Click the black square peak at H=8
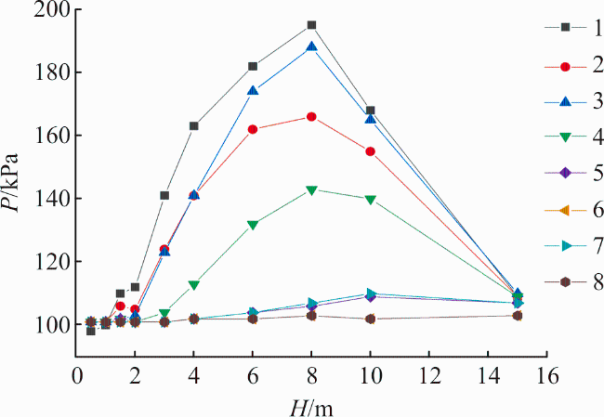(x=311, y=25)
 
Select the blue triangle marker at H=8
(x=311, y=46)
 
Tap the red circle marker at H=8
(x=311, y=117)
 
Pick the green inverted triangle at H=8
(x=311, y=190)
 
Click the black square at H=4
(x=194, y=126)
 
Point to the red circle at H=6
(x=253, y=129)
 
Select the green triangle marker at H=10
(x=371, y=200)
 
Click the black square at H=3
(x=164, y=196)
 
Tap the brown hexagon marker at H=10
(x=371, y=319)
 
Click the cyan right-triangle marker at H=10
(x=371, y=293)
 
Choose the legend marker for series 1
(x=565, y=27)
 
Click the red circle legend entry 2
(x=565, y=67)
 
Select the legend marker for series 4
(x=565, y=137)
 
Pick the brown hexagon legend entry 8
(x=565, y=282)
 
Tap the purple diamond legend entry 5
(x=565, y=173)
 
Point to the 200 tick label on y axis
(x=52, y=10)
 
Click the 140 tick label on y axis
(x=52, y=199)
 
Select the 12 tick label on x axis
(x=429, y=375)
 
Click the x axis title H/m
(x=311, y=407)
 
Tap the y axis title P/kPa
(x=10, y=183)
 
